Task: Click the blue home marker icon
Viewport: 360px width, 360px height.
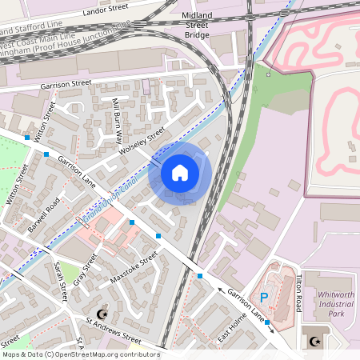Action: pos(180,172)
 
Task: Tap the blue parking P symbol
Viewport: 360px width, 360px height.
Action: pos(264,298)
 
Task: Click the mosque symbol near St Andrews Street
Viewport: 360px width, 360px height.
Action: pos(100,314)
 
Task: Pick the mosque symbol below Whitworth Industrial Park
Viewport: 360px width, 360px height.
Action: pos(312,342)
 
